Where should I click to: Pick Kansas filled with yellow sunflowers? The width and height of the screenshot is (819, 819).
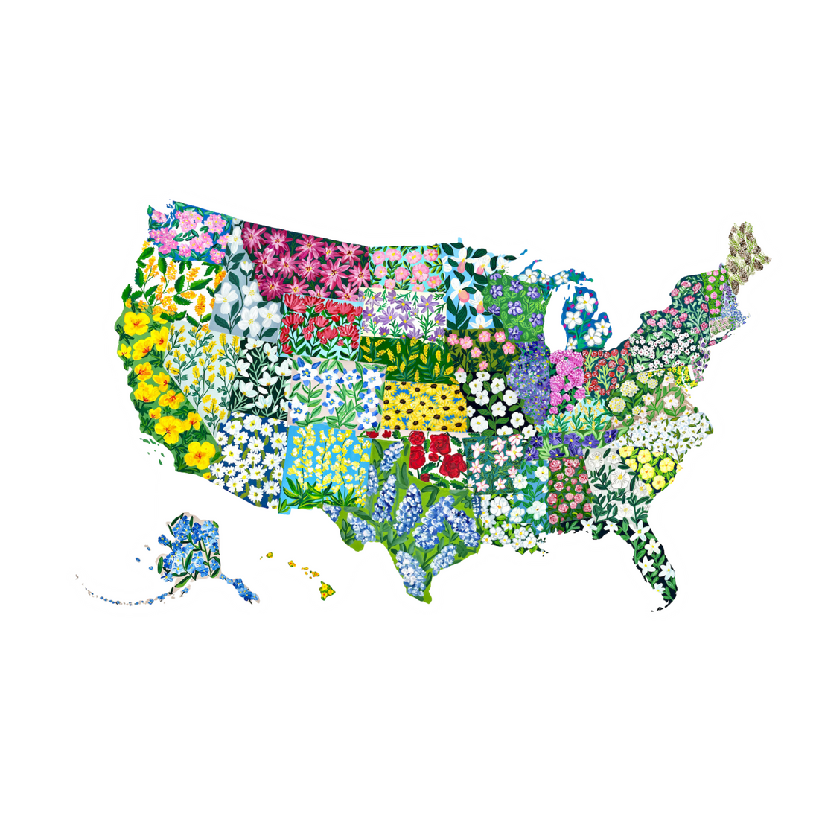click(x=424, y=406)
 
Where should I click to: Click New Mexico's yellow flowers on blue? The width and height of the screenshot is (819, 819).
click(x=328, y=465)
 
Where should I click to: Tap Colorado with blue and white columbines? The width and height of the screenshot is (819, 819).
click(x=335, y=391)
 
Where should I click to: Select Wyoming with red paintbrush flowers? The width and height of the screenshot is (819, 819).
click(x=320, y=324)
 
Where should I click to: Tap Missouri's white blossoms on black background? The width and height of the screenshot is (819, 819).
click(x=495, y=402)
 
